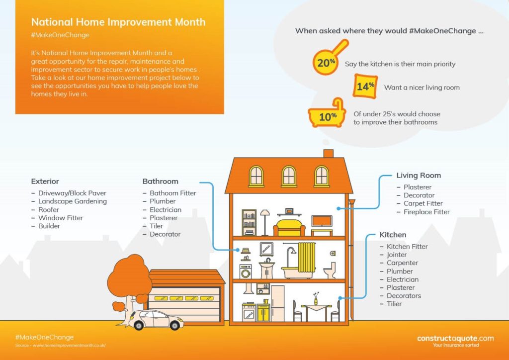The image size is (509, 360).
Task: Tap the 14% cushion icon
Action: (365, 86)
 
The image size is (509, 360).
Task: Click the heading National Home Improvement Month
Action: (118, 22)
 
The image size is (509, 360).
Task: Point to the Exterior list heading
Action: (45, 181)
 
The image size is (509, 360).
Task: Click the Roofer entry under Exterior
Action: (49, 210)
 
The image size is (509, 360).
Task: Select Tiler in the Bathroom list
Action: (157, 226)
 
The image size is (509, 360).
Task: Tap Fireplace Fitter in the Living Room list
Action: (426, 212)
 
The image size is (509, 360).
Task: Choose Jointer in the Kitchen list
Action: (397, 255)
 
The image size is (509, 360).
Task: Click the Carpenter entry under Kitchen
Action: (402, 263)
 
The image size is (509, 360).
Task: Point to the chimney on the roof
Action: (329, 154)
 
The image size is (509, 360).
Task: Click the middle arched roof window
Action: (289, 176)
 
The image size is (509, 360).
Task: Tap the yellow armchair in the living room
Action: (289, 228)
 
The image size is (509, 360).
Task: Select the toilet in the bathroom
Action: (330, 270)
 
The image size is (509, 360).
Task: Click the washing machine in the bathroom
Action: (246, 271)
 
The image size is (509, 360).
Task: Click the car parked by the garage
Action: (156, 320)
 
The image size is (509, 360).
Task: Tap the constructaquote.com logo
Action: (455, 341)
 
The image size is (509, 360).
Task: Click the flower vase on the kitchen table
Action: (316, 299)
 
